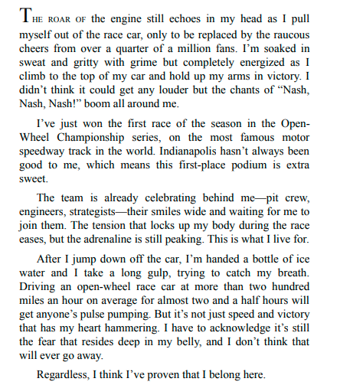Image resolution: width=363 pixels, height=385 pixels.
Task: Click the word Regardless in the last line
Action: (x=64, y=376)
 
